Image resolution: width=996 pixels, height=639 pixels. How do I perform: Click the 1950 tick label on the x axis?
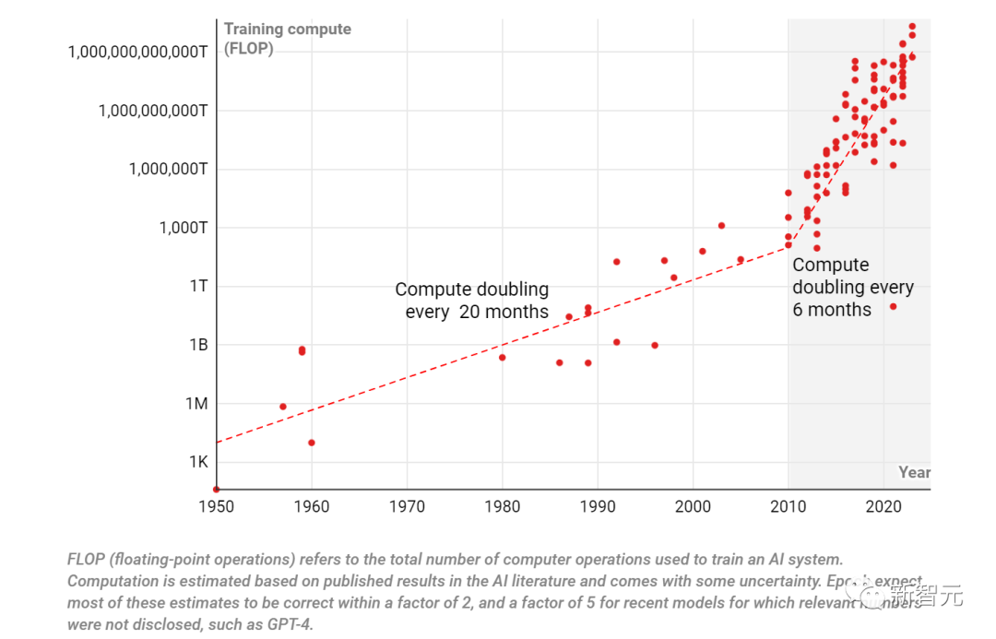[x=216, y=506]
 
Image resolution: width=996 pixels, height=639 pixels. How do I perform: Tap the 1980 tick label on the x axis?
[x=503, y=506]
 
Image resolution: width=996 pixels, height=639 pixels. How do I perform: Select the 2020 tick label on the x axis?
[x=883, y=506]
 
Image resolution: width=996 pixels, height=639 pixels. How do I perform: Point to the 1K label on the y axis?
[x=198, y=461]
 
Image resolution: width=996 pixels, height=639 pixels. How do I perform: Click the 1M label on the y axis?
[x=197, y=403]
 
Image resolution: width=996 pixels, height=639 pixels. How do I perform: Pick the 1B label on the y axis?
[x=198, y=344]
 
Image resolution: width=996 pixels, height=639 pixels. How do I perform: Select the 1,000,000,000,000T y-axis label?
[x=137, y=51]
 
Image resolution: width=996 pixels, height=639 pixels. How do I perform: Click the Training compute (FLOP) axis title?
[x=287, y=38]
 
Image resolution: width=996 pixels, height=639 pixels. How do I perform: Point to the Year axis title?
[x=914, y=472]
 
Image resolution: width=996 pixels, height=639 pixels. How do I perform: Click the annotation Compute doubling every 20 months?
[x=472, y=301]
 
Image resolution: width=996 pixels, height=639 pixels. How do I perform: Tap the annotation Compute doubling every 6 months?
[x=852, y=287]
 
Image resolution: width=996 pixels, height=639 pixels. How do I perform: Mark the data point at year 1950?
[x=216, y=490]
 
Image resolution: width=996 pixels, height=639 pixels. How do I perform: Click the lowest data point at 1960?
[x=312, y=443]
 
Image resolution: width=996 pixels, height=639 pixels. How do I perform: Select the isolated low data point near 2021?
[x=893, y=306]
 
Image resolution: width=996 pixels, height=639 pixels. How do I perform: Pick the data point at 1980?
[x=503, y=358]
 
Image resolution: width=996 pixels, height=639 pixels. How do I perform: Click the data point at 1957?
[x=283, y=407]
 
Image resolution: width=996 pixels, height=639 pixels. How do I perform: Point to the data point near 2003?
[x=721, y=226]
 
